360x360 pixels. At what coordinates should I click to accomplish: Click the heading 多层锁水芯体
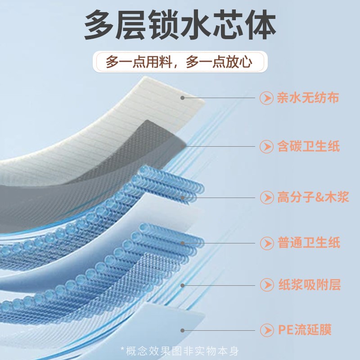180,26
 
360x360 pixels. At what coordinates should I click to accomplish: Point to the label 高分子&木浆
313,197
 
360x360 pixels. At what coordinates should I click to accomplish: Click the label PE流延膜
304,330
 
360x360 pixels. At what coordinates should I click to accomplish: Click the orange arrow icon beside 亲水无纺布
267,98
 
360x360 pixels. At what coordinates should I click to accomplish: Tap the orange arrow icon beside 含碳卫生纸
267,146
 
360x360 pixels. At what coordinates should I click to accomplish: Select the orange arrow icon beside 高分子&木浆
267,197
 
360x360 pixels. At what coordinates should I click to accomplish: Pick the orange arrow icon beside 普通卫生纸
267,243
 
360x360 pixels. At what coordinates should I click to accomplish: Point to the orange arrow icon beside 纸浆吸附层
267,284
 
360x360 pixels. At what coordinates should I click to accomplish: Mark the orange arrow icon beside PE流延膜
267,330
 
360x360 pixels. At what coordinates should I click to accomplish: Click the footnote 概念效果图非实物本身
180,351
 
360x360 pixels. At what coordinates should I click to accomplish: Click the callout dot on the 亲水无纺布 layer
182,97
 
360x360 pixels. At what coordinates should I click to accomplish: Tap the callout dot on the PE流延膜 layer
182,330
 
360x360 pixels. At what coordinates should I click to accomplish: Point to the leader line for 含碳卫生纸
220,146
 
